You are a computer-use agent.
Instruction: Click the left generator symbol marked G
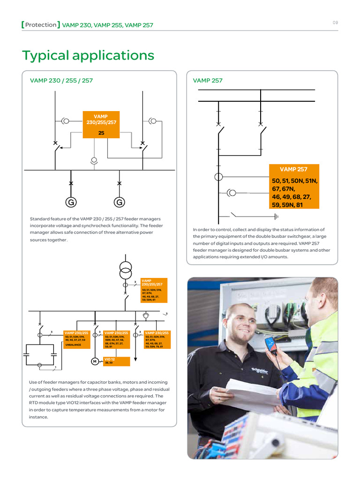coord(71,202)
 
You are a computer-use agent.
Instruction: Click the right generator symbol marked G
coord(119,202)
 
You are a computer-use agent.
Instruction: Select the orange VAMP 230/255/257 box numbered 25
coord(101,125)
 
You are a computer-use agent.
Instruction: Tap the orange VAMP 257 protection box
coord(293,187)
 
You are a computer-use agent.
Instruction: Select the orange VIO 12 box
coord(116,361)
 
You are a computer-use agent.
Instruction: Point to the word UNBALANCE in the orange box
coord(73,345)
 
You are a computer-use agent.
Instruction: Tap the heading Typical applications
coord(88,55)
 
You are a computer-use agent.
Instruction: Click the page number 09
coord(335,22)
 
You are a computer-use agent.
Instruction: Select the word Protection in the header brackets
coord(41,25)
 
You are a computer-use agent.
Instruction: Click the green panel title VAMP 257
coord(208,81)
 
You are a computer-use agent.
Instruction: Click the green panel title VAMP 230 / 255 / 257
coord(61,81)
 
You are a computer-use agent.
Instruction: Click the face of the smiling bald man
coord(240,327)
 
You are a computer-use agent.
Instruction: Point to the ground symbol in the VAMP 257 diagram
coord(276,216)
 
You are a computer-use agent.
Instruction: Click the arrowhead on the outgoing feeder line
coord(136,359)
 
